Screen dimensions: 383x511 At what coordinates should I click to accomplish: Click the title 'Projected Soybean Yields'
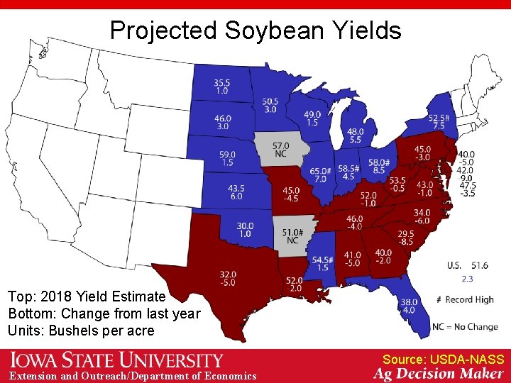[255, 30]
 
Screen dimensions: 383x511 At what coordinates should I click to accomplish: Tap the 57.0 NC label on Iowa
[281, 150]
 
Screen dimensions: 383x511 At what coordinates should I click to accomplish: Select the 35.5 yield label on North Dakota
[222, 87]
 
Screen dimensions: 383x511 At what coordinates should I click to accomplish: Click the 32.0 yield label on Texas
[228, 278]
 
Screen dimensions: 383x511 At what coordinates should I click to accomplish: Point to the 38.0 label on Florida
[409, 305]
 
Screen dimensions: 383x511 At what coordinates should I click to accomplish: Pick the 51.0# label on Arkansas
[292, 235]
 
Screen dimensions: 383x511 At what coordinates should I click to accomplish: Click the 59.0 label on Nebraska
[227, 158]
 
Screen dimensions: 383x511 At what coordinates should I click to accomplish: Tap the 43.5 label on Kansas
[236, 192]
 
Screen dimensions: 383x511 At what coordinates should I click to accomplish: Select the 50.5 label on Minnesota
[270, 105]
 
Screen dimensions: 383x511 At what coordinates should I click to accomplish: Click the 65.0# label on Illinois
[320, 175]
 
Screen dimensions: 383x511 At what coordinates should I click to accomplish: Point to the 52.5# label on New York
[438, 121]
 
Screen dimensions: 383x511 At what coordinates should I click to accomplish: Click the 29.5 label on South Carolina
[406, 238]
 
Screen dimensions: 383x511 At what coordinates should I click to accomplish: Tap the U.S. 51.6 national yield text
[467, 265]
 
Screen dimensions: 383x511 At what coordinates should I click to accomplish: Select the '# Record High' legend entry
[466, 299]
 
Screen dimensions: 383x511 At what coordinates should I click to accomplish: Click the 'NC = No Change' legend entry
[465, 327]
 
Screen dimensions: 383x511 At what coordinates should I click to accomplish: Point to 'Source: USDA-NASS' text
[444, 360]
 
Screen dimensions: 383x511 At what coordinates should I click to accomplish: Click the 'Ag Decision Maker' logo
[439, 374]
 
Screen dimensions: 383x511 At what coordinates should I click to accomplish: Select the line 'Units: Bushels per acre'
[81, 331]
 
